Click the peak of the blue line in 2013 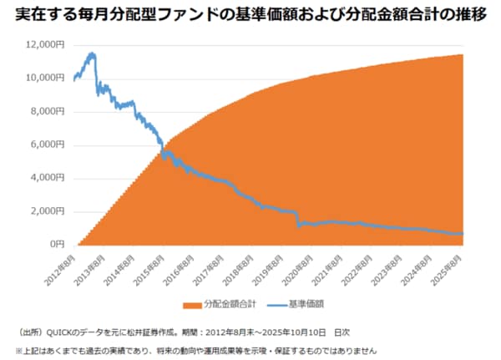pyautogui.click(x=91, y=54)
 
